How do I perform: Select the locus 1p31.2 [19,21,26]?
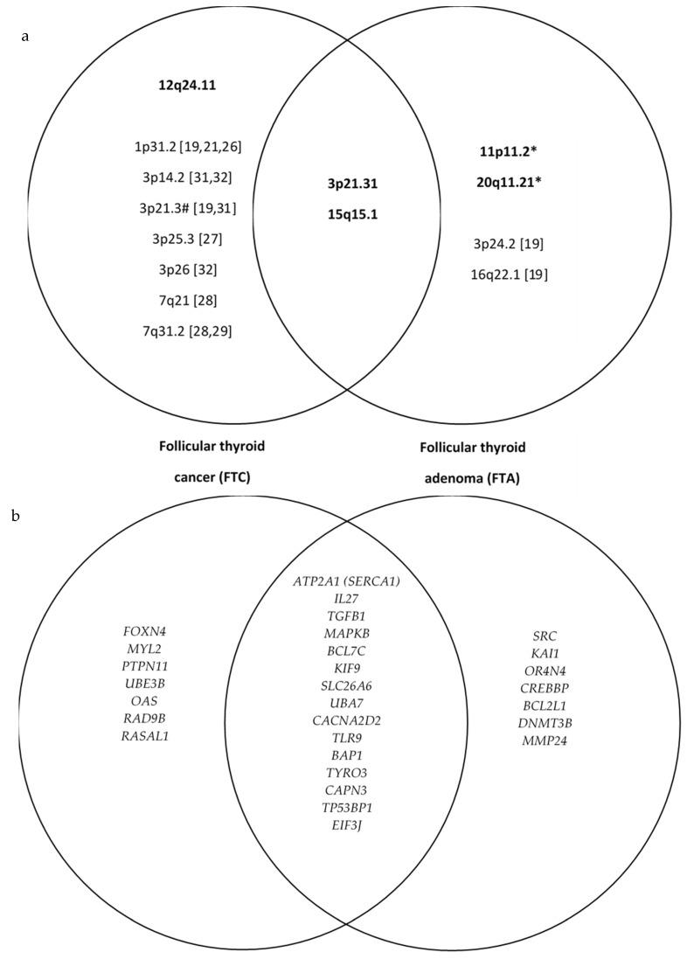tap(184, 146)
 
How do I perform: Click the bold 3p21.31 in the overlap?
tap(348, 184)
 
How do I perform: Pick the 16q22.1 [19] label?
tap(511, 274)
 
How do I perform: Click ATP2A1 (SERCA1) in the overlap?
tap(348, 581)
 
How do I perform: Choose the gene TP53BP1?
tap(348, 809)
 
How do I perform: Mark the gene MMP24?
tap(545, 742)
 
